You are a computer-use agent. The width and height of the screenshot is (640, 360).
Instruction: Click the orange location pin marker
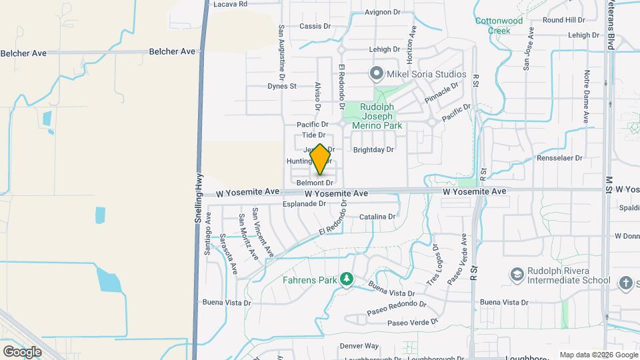320,159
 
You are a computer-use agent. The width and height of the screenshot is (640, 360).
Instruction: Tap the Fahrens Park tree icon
346,279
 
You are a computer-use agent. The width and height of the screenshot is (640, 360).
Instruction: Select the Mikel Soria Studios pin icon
376,73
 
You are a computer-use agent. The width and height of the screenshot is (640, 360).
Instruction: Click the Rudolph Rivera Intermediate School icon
517,274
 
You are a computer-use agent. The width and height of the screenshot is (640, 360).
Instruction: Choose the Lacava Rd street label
230,4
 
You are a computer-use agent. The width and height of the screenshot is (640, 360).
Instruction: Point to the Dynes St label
281,86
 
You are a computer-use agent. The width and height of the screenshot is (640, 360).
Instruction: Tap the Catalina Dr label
377,217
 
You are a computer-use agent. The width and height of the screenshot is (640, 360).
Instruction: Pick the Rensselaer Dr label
560,159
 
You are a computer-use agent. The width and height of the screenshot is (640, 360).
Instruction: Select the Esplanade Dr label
304,204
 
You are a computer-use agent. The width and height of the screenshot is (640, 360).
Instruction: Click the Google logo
23,351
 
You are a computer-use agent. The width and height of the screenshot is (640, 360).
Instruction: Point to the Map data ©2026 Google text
599,355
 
